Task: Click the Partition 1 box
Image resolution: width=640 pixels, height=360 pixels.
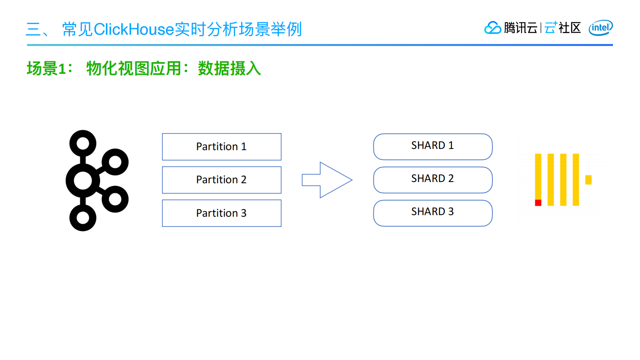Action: [x=221, y=147]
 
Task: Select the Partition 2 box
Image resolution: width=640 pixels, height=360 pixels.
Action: [x=221, y=180]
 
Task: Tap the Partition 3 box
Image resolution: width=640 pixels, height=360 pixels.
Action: [x=221, y=213]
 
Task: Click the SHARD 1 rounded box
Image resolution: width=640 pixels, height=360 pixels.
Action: [x=432, y=146]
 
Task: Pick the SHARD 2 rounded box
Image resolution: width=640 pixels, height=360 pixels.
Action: [x=432, y=179]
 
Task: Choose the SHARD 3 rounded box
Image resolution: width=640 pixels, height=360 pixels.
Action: [x=432, y=213]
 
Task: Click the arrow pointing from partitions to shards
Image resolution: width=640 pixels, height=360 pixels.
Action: [x=327, y=180]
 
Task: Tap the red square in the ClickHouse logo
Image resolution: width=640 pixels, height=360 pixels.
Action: [x=538, y=203]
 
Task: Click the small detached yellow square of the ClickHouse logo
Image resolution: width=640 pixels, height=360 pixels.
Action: [x=588, y=180]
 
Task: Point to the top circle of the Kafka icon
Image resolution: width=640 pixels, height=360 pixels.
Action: [x=83, y=143]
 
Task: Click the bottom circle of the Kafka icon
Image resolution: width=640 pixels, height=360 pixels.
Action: [x=83, y=218]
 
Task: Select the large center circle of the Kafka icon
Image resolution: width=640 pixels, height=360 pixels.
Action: [x=83, y=180]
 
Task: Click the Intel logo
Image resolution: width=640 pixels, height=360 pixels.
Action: [x=600, y=28]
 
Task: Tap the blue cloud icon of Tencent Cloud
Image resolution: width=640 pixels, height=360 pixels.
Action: [x=492, y=28]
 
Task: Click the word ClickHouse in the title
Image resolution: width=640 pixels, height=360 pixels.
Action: [x=133, y=29]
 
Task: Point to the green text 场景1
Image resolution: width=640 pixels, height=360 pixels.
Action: [x=47, y=69]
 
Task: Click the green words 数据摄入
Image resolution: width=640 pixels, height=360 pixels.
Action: [x=229, y=69]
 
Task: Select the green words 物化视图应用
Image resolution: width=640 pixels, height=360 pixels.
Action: [x=134, y=69]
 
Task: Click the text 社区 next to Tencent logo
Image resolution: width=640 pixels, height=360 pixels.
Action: [x=569, y=28]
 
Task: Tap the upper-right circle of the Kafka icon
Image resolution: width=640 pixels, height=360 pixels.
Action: [x=115, y=162]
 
